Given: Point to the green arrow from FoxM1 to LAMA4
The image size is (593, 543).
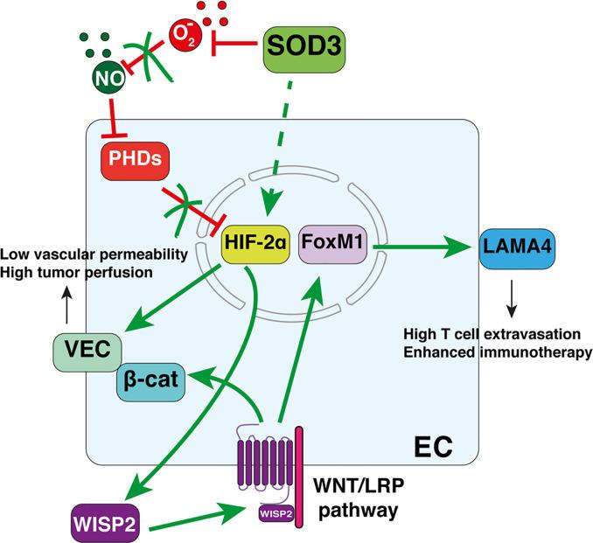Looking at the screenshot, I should (420, 250).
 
